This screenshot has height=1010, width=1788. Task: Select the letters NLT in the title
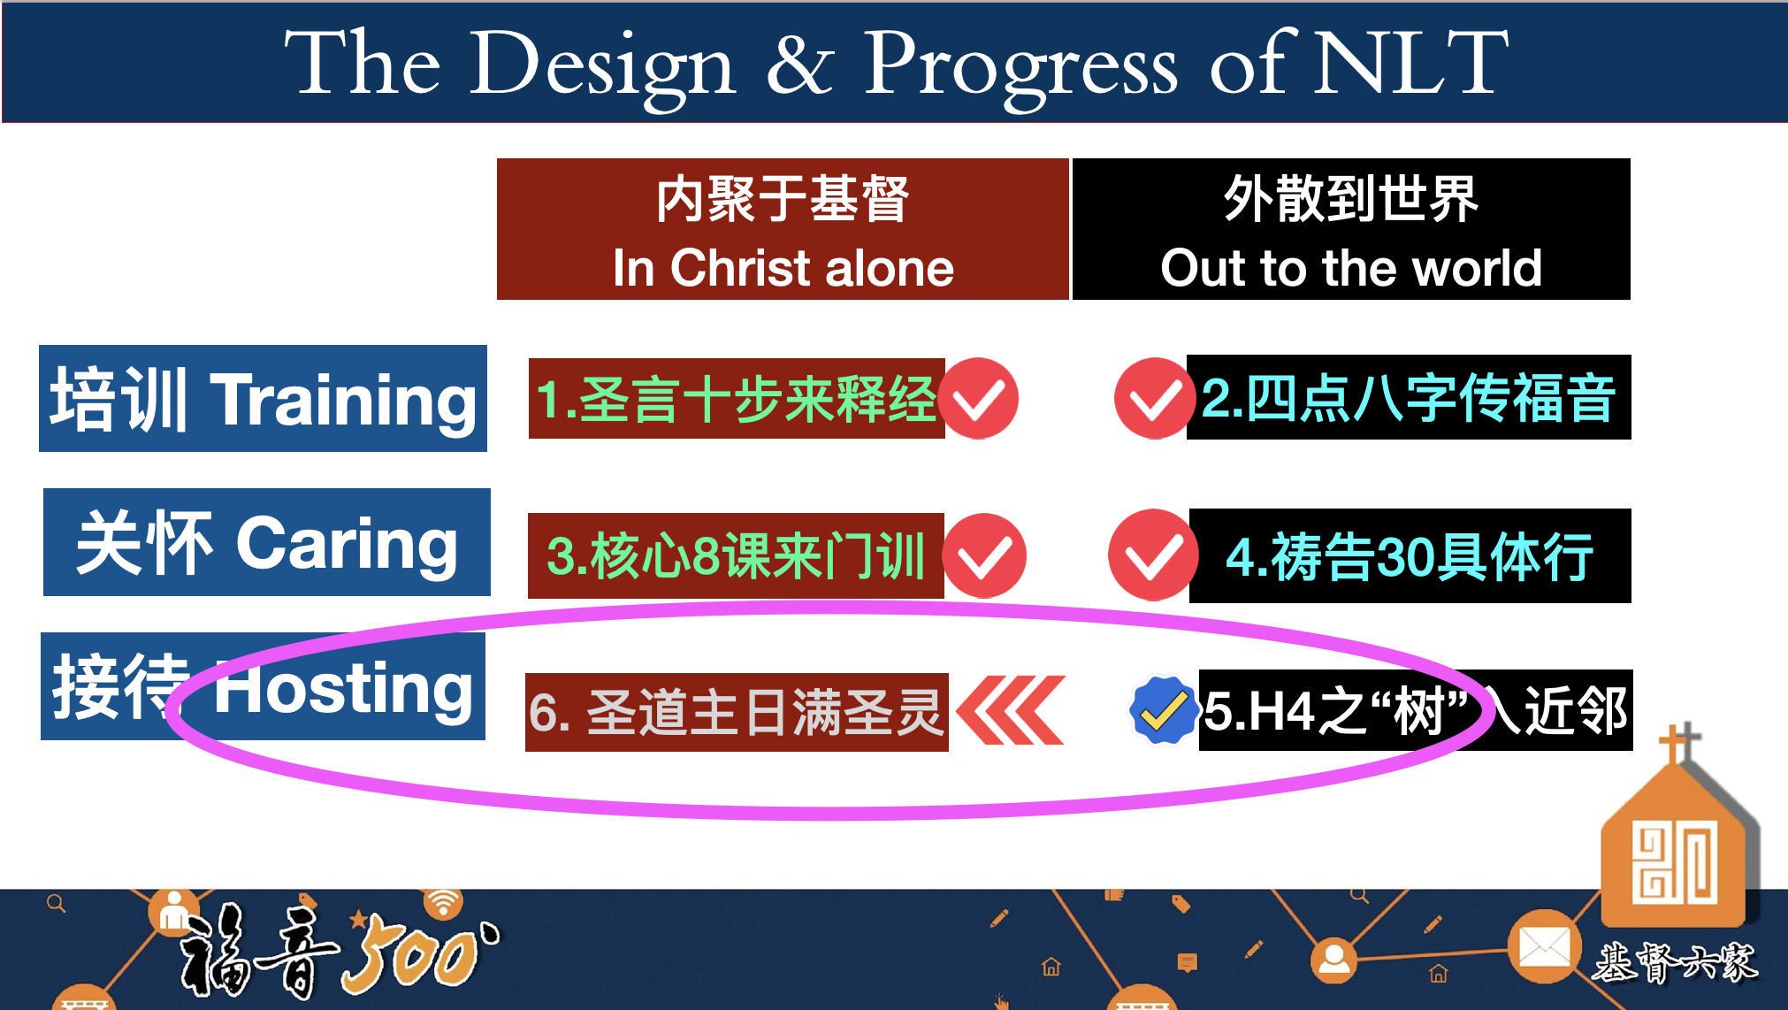click(x=1411, y=62)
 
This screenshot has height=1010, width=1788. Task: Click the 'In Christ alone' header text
click(x=783, y=267)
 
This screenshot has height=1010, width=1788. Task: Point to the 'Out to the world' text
click(x=1351, y=267)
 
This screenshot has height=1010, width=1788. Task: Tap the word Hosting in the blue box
click(x=343, y=688)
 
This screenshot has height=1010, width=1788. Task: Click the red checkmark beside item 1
click(x=978, y=399)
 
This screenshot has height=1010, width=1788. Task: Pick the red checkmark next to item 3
click(x=984, y=555)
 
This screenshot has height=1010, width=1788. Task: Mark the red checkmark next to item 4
click(x=1152, y=555)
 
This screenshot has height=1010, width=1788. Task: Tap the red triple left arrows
click(x=1011, y=710)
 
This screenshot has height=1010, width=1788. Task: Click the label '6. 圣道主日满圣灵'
click(x=736, y=712)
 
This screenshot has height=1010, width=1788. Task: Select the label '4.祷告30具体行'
click(x=1410, y=556)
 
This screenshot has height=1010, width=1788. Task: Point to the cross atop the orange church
click(x=1677, y=743)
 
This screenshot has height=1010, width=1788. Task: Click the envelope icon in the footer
click(x=1545, y=947)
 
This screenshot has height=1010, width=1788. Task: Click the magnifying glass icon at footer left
click(x=57, y=904)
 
